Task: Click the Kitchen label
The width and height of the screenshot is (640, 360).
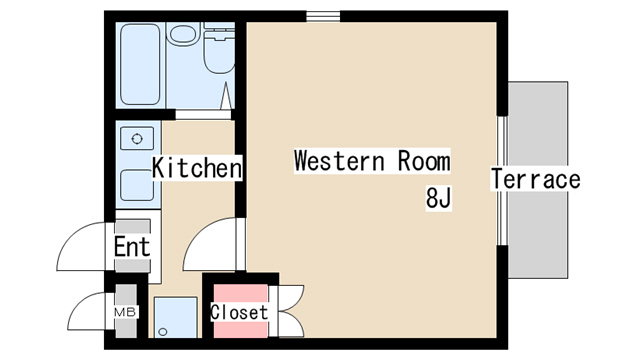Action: coord(197,167)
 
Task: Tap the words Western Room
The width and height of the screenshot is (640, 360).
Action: coord(372,161)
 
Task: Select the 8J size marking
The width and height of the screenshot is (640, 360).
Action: coord(438,198)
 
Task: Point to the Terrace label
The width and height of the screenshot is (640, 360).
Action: coord(536,179)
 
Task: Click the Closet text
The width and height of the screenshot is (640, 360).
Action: coord(239,312)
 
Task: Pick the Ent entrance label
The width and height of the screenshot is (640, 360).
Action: coord(132,246)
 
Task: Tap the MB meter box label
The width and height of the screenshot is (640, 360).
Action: coord(125,313)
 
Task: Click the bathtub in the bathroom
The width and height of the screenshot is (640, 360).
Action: coord(140,64)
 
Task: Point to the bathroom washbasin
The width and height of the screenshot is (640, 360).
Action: coord(183,34)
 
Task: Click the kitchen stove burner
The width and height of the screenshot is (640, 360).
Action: coord(137,138)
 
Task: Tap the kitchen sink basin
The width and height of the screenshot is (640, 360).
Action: coord(137,186)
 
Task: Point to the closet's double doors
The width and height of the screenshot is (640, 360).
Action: coord(290,311)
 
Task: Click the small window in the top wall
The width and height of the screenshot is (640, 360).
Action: coord(323,16)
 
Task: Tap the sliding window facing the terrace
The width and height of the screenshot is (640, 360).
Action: coord(503,181)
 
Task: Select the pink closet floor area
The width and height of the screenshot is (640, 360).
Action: coord(240,311)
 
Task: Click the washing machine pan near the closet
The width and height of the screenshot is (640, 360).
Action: coord(176,317)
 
